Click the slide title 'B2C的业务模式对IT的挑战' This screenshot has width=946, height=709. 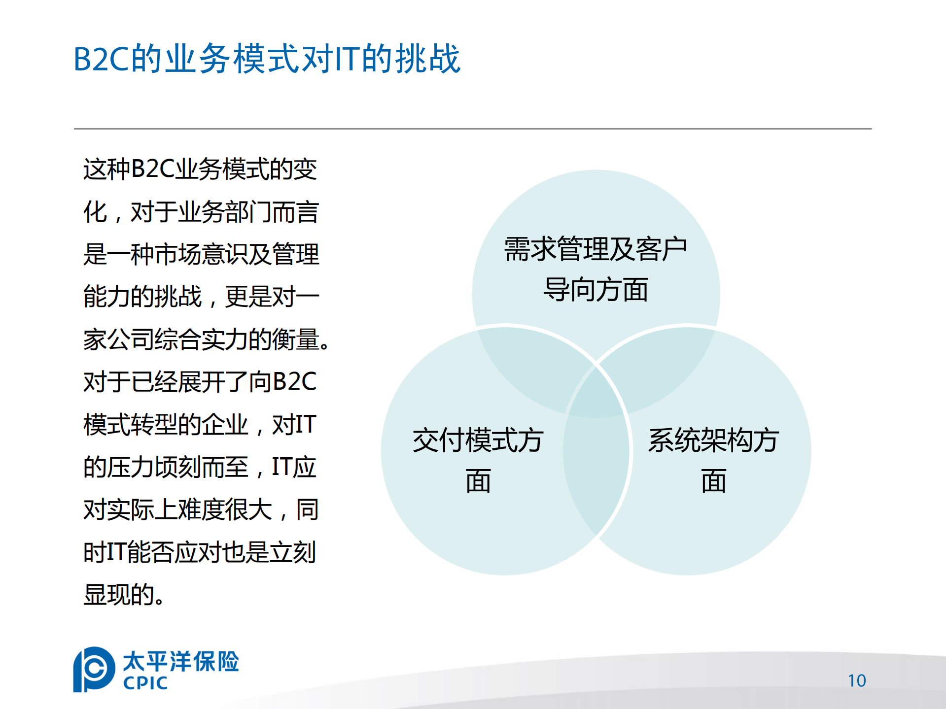pos(267,59)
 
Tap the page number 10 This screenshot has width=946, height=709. pos(857,680)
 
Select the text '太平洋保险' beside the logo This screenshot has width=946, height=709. pos(180,661)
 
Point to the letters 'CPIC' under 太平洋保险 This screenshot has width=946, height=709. pos(145,683)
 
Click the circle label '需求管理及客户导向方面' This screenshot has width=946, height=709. pos(596,269)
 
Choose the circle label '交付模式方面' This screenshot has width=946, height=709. pos(478,460)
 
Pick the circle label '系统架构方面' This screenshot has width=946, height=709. pos(713,460)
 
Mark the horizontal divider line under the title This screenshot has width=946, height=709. pos(472,129)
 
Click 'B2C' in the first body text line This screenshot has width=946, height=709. pos(153,169)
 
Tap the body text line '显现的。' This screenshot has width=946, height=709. pos(123,595)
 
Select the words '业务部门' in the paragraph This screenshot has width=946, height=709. pos(224,212)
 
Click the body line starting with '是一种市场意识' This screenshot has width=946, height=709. pos(201,254)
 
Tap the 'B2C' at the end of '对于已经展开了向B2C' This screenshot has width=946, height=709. pos(294,382)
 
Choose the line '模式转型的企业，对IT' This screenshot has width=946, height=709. pos(200,425)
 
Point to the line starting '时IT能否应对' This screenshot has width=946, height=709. pos(200,552)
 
